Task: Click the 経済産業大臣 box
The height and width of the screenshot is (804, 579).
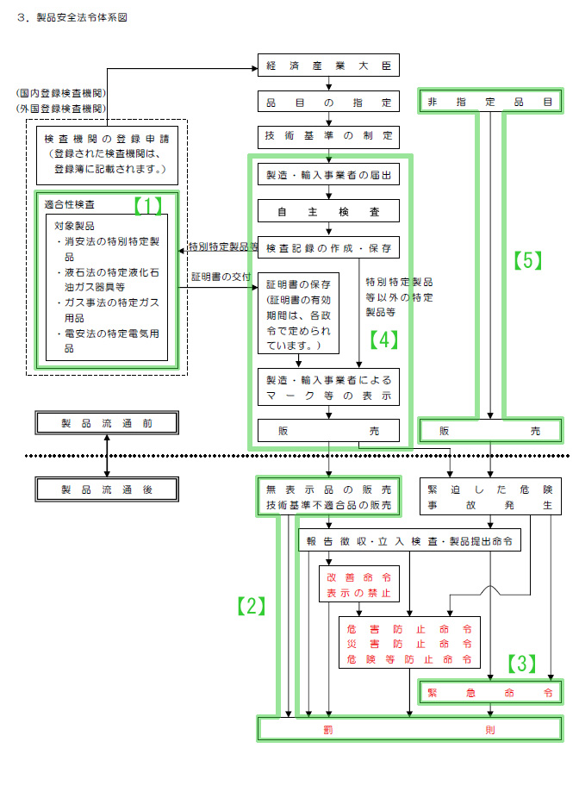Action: (329, 65)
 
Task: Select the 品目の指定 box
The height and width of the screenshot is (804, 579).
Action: (329, 101)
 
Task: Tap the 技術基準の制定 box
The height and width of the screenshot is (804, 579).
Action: (329, 136)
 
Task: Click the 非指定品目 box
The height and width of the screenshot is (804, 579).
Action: (490, 101)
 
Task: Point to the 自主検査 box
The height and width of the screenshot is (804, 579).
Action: (329, 211)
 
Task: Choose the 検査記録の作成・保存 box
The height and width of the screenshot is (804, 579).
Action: (329, 248)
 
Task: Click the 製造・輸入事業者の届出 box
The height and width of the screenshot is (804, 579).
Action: (329, 176)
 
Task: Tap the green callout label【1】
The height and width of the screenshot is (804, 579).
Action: (147, 205)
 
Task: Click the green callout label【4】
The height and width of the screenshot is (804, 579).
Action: (384, 339)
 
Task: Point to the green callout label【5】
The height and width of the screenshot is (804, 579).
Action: (528, 260)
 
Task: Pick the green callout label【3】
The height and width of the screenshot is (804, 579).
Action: (520, 663)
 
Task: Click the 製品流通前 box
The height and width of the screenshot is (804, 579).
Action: (107, 423)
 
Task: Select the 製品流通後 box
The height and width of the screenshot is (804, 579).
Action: (107, 489)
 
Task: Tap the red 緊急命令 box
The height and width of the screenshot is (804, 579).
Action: (490, 692)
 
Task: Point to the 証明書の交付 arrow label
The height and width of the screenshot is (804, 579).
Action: (221, 277)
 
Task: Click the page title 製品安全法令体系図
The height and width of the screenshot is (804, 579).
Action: (77, 17)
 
